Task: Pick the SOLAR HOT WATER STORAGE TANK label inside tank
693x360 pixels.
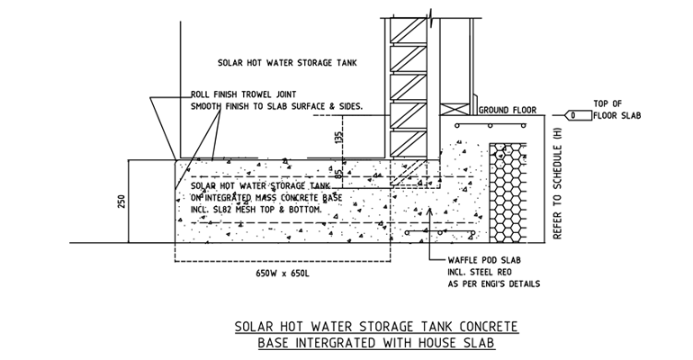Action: (x=275, y=64)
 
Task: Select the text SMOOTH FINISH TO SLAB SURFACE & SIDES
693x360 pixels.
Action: (x=275, y=106)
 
